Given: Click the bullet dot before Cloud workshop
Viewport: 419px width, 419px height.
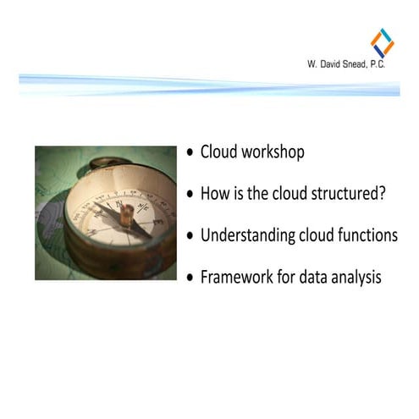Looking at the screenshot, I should point(190,153).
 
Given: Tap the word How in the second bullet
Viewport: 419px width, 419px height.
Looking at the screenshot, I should point(212,193).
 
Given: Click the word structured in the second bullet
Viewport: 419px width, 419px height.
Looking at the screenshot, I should point(347,193).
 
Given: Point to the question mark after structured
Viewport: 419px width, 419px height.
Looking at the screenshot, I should point(383,193).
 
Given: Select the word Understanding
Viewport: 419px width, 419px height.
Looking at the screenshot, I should point(247,234).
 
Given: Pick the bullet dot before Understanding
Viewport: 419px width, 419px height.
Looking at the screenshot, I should point(190,235).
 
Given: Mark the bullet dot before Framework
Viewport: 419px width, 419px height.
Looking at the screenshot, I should point(190,277).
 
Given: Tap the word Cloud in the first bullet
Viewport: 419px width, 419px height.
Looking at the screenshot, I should point(218,152).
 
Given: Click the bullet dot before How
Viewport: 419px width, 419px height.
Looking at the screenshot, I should point(190,194).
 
